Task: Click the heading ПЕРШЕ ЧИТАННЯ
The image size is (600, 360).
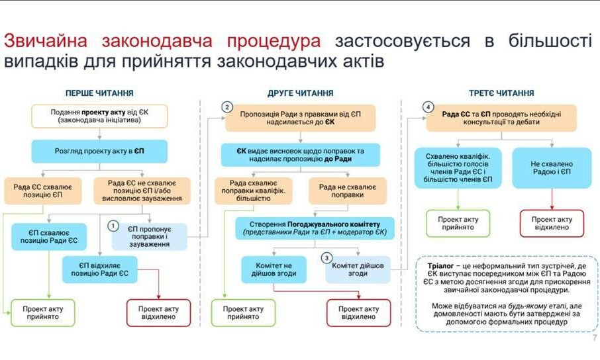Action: click(99, 93)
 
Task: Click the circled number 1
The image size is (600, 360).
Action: click(114, 226)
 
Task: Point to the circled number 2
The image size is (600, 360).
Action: click(226, 107)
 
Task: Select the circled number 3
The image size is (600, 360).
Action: click(326, 257)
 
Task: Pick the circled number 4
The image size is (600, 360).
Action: click(428, 107)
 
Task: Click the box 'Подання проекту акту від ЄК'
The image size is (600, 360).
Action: click(99, 116)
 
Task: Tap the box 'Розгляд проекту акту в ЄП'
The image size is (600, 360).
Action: click(99, 151)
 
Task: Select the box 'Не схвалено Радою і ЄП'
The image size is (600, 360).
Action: click(552, 168)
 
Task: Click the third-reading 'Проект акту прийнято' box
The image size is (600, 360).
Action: click(458, 223)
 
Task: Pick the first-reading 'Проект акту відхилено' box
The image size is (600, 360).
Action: click(158, 313)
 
